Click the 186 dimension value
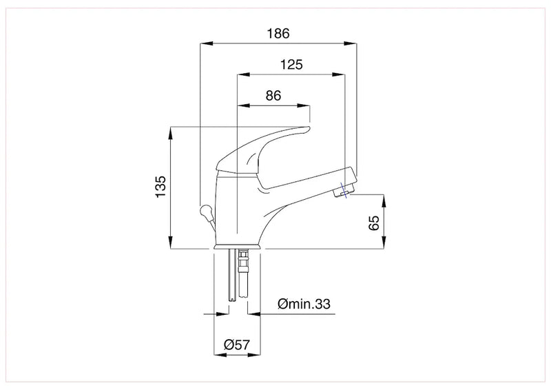278,34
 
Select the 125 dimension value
291,65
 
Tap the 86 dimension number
273,96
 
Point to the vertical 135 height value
160,186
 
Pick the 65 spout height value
374,223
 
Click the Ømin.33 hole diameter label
304,304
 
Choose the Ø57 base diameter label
236,345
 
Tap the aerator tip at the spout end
342,192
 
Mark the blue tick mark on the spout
344,190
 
